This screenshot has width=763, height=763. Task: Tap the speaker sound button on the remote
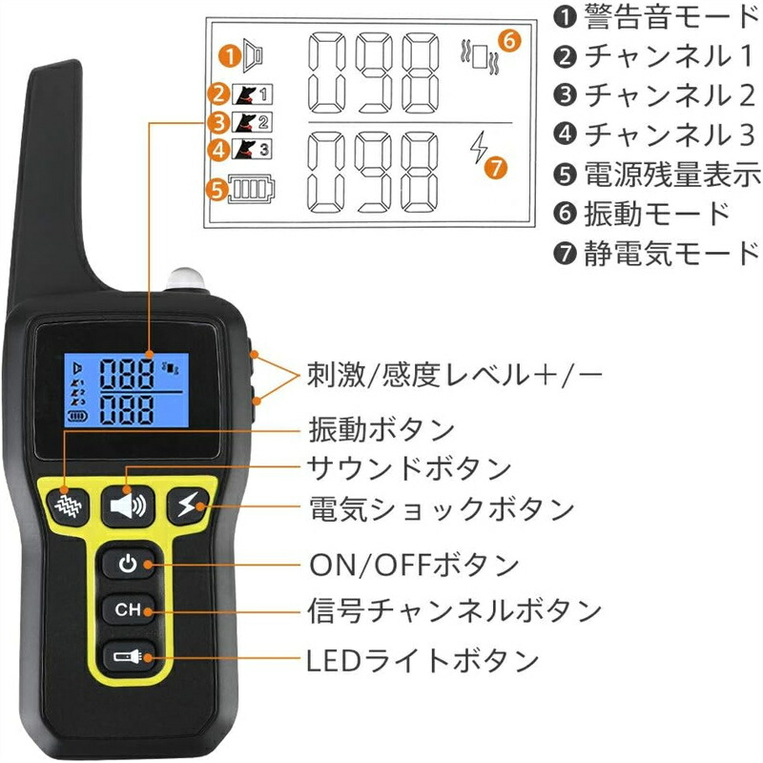[128, 506]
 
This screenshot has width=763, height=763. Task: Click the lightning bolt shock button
[188, 505]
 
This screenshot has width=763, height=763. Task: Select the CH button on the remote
[129, 609]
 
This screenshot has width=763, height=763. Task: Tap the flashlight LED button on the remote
[129, 657]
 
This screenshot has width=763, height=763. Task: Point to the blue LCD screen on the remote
[127, 390]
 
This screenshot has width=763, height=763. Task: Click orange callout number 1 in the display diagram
[229, 55]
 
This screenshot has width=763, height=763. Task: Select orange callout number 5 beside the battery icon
[217, 190]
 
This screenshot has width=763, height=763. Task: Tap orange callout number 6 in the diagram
[509, 41]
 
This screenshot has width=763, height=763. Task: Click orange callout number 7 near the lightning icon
[496, 169]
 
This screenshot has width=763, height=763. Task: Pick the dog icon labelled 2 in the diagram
[252, 122]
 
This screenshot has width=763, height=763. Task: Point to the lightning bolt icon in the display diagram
[479, 147]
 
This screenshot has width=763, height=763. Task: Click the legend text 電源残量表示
[672, 174]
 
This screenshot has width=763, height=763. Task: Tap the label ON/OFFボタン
[414, 565]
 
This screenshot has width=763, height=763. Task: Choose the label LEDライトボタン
[423, 660]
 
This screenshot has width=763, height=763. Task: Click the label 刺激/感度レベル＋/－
[455, 375]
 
